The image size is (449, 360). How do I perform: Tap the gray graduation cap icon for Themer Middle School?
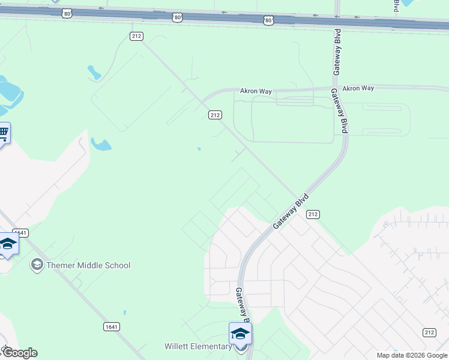tap(37, 265)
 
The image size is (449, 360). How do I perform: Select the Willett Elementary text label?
tap(198, 346)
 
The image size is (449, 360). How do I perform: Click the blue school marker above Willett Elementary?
tap(240, 334)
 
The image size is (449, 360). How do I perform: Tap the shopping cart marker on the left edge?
tap(3, 133)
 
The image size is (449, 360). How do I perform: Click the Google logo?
tap(19, 353)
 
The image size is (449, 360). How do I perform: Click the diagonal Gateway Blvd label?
tap(291, 211)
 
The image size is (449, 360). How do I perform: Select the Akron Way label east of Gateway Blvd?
tap(358, 88)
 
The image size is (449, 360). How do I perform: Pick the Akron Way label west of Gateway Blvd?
tap(256, 91)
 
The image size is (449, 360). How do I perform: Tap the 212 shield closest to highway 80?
tap(136, 36)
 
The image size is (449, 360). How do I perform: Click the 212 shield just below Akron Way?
tap(215, 115)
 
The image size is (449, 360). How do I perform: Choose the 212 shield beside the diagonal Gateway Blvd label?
tap(313, 214)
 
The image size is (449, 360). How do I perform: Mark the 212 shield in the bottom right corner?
tap(429, 332)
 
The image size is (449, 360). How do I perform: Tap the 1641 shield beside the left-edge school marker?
tap(21, 233)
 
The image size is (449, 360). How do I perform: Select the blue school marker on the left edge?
tap(7, 244)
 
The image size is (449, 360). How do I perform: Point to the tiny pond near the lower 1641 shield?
tap(124, 313)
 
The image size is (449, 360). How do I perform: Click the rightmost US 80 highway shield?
tap(268, 20)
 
